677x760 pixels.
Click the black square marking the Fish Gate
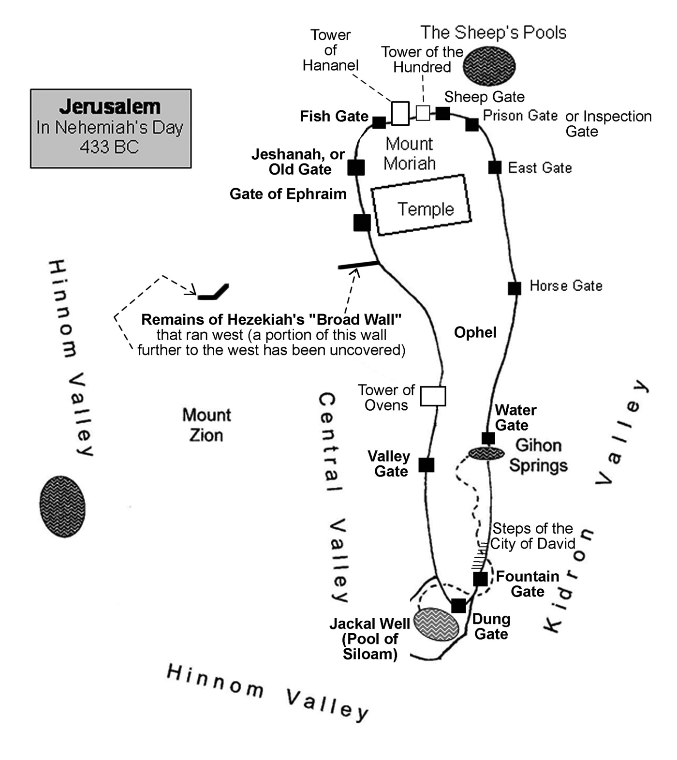coord(379,122)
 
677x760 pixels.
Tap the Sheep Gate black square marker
coord(443,113)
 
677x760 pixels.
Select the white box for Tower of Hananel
coord(400,113)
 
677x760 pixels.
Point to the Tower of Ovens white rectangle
coord(433,396)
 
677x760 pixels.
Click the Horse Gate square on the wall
coord(515,288)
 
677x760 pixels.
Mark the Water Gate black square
coord(488,438)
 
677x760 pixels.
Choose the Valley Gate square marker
coord(427,465)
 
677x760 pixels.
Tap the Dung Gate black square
coord(458,606)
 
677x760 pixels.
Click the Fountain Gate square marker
coord(480,579)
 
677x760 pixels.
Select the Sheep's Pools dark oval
coord(489,66)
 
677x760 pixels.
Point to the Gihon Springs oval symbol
coord(486,453)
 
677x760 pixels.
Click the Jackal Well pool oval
coord(437,625)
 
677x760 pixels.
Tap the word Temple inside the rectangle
coord(426,209)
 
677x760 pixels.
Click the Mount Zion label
coord(206,425)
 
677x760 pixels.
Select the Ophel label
coord(475,332)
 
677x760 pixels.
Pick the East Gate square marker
coord(495,167)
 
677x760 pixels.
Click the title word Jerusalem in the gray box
coord(110,106)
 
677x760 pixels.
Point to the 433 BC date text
coord(110,147)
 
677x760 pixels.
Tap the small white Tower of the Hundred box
coord(423,113)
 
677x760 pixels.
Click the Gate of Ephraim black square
coord(362,223)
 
